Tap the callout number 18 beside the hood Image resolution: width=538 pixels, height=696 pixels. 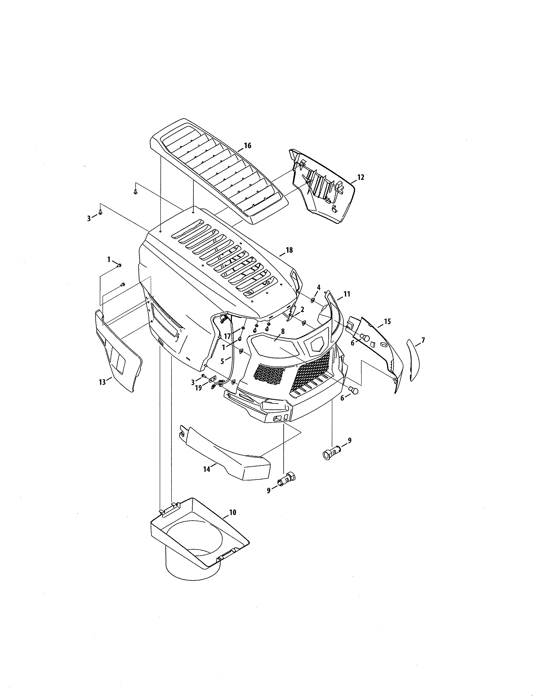pyautogui.click(x=289, y=250)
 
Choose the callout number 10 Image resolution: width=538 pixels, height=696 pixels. pyautogui.click(x=233, y=513)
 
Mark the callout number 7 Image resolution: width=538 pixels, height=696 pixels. pyautogui.click(x=423, y=340)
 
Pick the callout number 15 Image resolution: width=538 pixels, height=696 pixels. pyautogui.click(x=387, y=322)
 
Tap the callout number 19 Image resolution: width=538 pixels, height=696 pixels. pyautogui.click(x=198, y=388)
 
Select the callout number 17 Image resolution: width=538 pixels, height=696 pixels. pyautogui.click(x=227, y=336)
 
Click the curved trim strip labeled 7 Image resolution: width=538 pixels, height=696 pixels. pyautogui.click(x=413, y=360)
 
